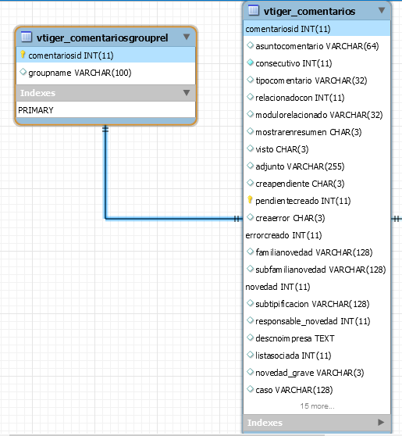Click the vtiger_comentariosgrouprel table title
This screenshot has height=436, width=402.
[102, 38]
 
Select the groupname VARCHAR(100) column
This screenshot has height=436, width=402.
[80, 73]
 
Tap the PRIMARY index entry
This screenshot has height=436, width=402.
[36, 110]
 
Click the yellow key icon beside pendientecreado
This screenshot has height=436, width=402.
[250, 200]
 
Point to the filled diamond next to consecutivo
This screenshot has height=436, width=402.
[250, 63]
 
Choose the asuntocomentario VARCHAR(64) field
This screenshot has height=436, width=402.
[317, 46]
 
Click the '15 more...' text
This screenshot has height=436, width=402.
[317, 406]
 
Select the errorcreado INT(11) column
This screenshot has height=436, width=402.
[283, 235]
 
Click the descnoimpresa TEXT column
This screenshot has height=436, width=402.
[295, 338]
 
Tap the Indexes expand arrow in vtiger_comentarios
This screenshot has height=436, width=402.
[381, 423]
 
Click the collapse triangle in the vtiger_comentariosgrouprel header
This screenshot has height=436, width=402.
[187, 37]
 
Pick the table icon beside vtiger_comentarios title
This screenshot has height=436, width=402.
[253, 10]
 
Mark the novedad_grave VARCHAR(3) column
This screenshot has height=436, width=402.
[309, 373]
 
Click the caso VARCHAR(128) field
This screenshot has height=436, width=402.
[294, 390]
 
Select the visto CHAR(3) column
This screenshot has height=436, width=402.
[282, 149]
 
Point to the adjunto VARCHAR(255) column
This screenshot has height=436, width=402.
[300, 166]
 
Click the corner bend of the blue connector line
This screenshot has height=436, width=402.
[105, 219]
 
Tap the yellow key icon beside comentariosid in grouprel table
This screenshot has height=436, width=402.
[23, 55]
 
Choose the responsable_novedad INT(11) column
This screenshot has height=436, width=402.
[312, 321]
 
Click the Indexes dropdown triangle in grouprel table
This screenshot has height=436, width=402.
[187, 92]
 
